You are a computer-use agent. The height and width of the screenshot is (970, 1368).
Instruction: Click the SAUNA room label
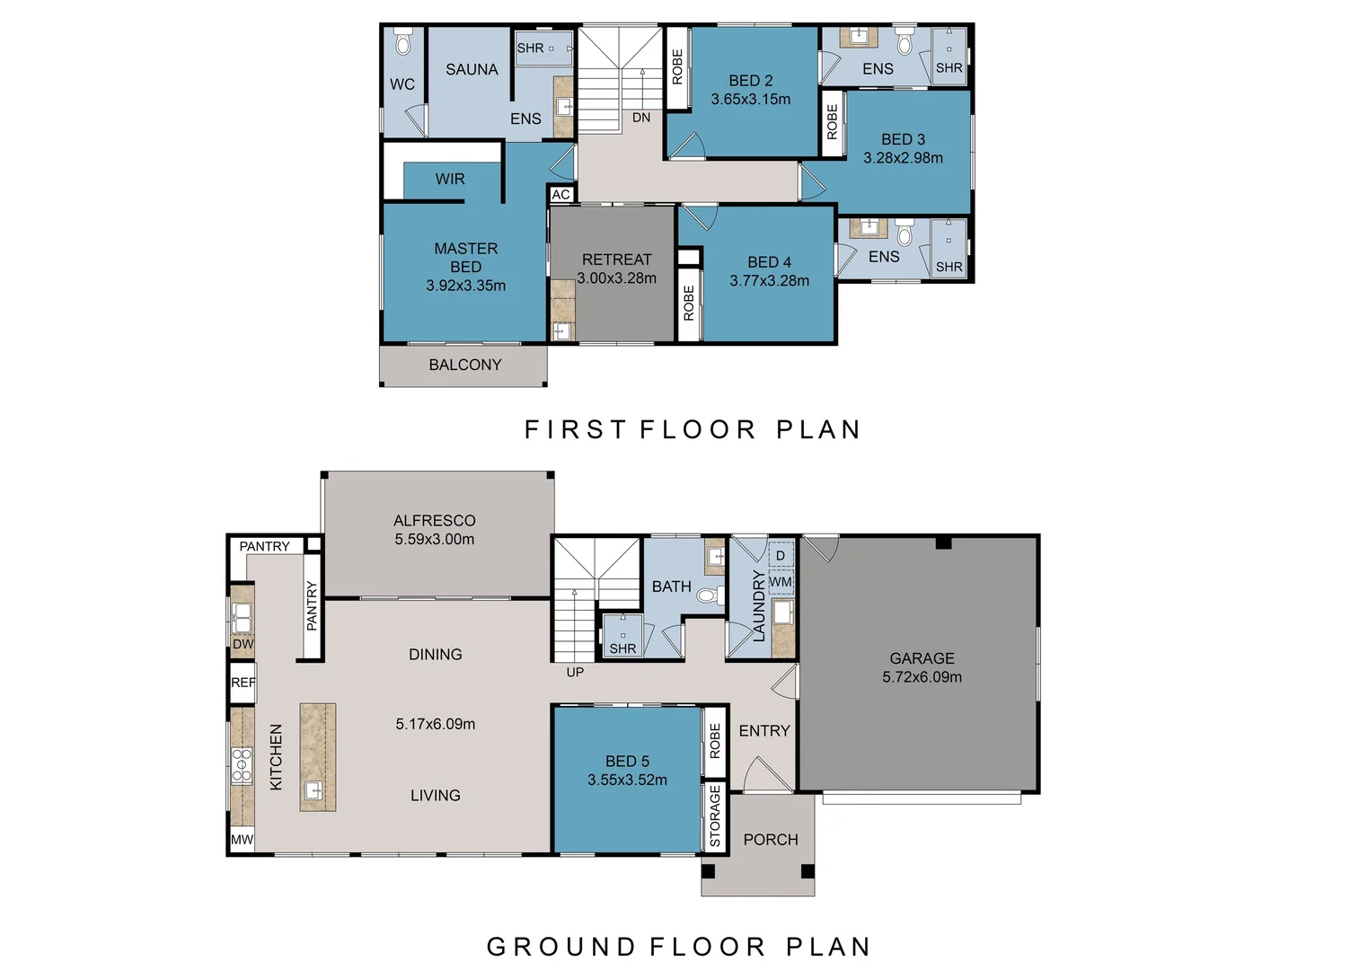point(472,69)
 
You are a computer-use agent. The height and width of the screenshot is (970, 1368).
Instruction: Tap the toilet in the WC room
point(403,43)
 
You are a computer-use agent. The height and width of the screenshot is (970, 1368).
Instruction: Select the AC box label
point(561,195)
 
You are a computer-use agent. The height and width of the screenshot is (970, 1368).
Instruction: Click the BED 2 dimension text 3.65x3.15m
point(751,100)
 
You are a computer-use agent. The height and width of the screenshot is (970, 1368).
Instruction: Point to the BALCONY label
point(464,365)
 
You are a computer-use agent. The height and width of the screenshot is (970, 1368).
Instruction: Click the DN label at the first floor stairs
point(641,118)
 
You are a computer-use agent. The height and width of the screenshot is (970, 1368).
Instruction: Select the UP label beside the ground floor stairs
point(575,672)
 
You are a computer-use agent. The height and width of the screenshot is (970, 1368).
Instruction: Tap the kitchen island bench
point(317,757)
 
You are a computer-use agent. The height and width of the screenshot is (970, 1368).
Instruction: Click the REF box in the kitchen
point(243,683)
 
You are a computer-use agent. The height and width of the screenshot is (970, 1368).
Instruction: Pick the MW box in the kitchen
point(243,840)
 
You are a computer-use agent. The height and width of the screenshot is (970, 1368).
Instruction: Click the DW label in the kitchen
point(243,644)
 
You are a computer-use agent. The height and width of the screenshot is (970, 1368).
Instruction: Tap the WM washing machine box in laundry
point(781,582)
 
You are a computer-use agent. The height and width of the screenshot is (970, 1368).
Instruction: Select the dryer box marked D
point(781,556)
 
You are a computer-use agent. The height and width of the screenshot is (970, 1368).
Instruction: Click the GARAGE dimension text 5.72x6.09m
point(922,677)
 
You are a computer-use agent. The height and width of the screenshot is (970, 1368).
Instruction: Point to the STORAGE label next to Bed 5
point(715,816)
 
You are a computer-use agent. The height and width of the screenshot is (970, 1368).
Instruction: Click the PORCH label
point(771,840)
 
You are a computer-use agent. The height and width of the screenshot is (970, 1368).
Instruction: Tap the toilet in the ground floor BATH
point(709,595)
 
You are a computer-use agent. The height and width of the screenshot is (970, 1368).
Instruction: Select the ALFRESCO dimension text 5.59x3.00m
point(434,540)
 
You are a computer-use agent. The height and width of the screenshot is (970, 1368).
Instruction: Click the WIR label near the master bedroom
point(450,180)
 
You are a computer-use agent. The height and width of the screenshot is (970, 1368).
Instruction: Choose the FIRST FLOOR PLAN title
point(693,430)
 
